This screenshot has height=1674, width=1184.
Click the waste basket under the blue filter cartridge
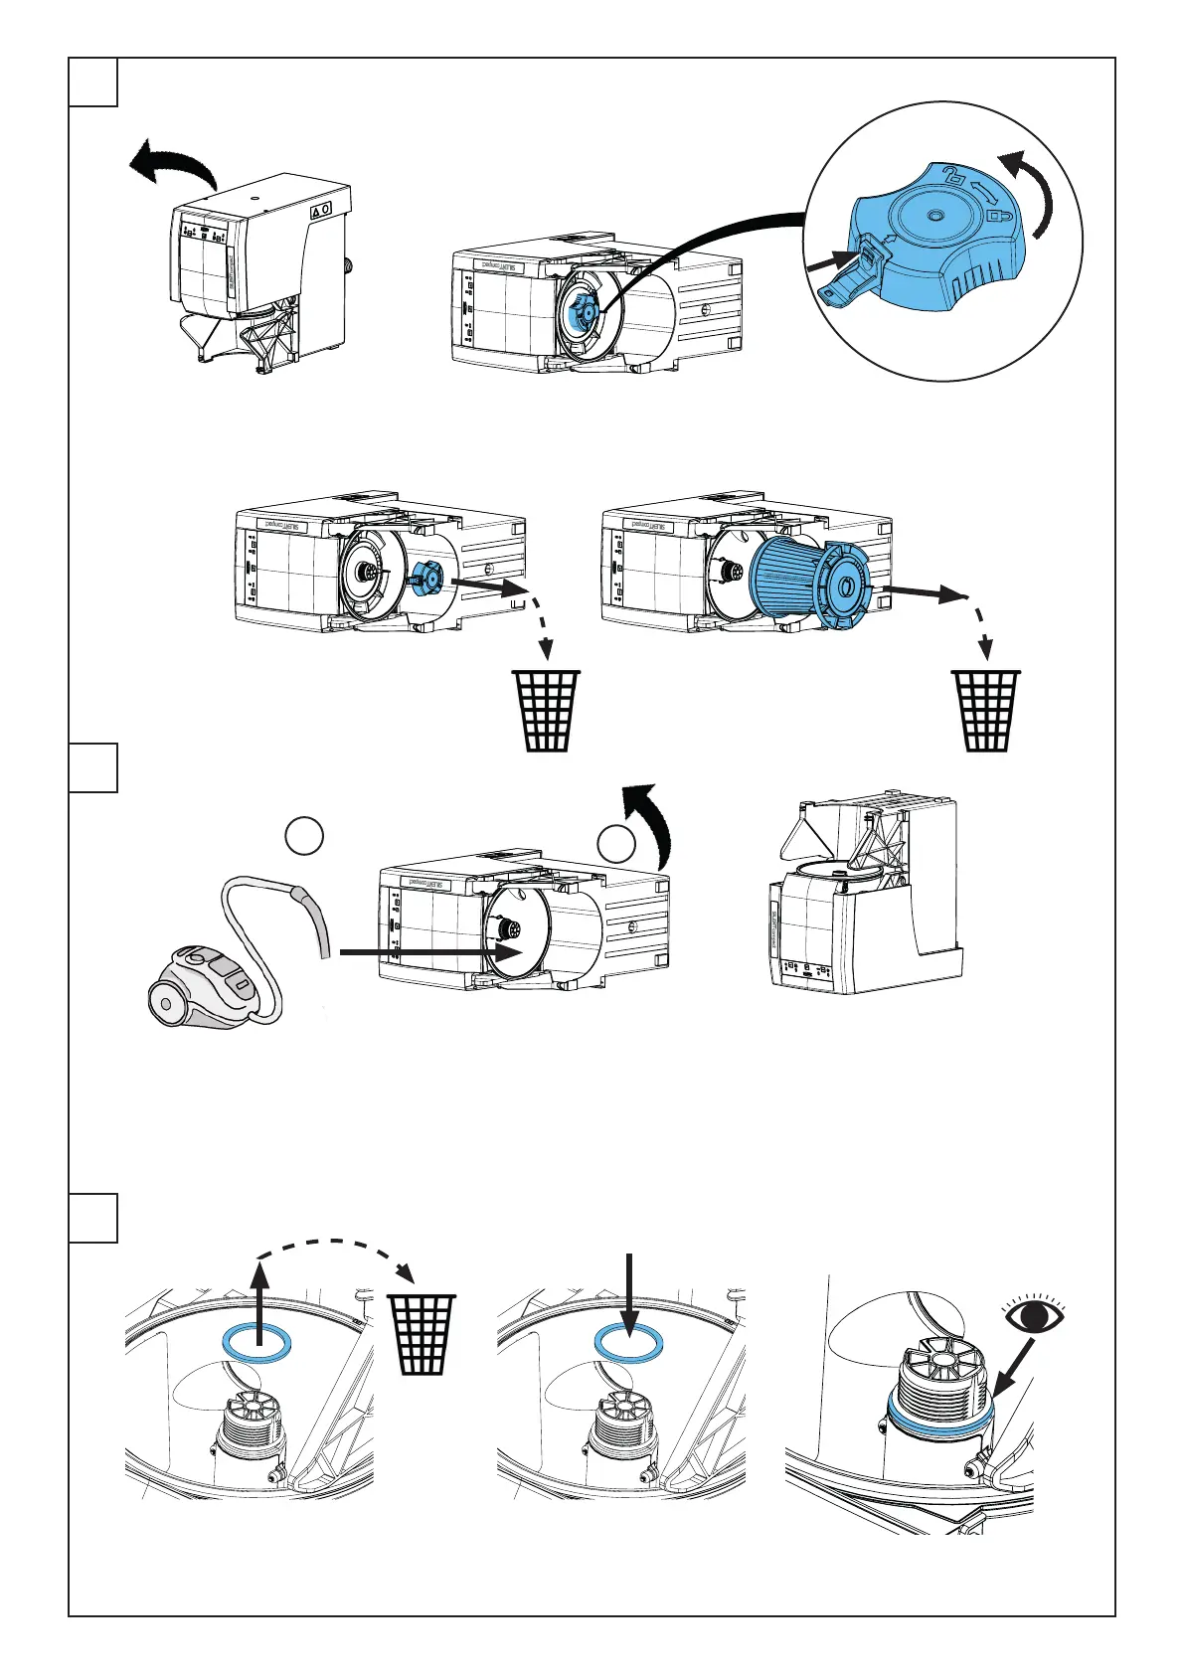pyautogui.click(x=986, y=710)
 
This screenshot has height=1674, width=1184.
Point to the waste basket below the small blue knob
pyautogui.click(x=545, y=710)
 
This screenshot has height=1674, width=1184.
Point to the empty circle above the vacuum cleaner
pyautogui.click(x=304, y=835)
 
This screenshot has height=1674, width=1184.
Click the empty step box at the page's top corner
pyautogui.click(x=93, y=82)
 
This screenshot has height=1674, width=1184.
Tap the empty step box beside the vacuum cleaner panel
pyautogui.click(x=93, y=767)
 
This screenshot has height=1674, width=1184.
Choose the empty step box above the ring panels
pyautogui.click(x=93, y=1218)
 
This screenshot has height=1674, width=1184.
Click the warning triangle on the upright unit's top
pyautogui.click(x=319, y=211)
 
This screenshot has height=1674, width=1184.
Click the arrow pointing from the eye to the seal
pyautogui.click(x=1014, y=1368)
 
